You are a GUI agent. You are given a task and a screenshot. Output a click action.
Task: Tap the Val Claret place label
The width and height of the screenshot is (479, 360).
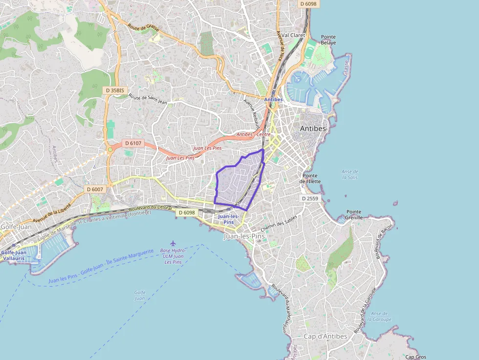(293, 35)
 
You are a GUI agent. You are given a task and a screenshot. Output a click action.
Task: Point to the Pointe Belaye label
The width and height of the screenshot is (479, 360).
(328, 40)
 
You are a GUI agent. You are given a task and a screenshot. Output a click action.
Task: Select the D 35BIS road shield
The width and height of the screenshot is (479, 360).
(115, 90)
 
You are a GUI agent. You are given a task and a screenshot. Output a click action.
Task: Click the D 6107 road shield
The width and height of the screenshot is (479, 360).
(132, 143)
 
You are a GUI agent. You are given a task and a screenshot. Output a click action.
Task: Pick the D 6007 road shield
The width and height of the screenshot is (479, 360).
(95, 189)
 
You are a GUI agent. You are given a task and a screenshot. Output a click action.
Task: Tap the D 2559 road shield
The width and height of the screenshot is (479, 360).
(310, 198)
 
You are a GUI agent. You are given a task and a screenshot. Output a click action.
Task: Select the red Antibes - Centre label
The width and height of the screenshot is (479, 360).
(253, 134)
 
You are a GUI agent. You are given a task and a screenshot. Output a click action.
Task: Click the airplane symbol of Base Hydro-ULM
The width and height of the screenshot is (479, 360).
(173, 243)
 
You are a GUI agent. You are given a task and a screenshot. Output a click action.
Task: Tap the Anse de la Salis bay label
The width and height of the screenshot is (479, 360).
(350, 174)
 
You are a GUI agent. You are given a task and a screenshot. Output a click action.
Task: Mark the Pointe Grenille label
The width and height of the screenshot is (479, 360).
(354, 214)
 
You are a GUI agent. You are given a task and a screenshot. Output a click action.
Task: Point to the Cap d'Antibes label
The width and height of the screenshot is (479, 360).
(325, 336)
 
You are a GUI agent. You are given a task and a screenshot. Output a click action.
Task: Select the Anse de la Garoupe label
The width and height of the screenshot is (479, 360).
(379, 316)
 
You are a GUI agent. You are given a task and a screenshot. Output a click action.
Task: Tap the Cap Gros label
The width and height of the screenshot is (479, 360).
(415, 357)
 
